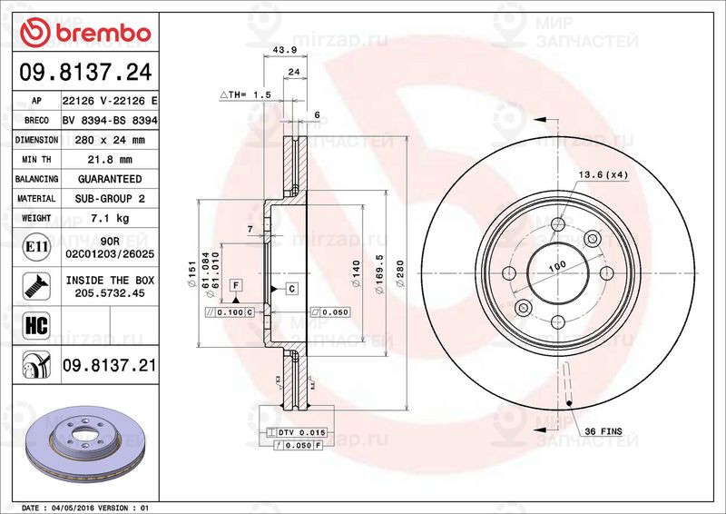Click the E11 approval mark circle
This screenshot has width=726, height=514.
[35, 246]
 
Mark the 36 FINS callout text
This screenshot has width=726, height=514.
[603, 430]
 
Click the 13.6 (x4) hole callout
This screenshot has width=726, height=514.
[603, 173]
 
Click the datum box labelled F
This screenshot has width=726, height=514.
[235, 285]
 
